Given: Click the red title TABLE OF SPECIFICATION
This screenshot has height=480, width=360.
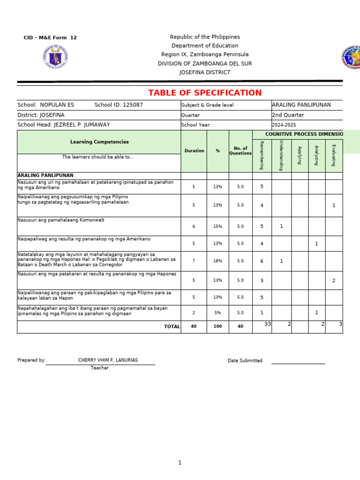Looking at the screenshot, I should [x=205, y=93].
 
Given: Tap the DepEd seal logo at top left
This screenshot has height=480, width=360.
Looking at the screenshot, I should [x=55, y=57].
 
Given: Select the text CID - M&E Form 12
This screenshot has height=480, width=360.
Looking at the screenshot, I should [x=50, y=37].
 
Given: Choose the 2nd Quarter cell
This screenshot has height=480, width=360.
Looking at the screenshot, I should [x=288, y=115].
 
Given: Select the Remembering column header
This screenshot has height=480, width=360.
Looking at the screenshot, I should [x=262, y=155].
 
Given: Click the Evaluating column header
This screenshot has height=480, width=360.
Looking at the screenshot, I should [x=334, y=155].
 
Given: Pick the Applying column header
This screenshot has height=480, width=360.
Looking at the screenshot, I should [x=300, y=155].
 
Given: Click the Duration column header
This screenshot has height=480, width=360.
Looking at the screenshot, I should [x=194, y=151].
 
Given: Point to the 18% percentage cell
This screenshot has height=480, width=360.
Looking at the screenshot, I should [x=217, y=261].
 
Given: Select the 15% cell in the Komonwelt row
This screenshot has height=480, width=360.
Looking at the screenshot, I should [x=217, y=226].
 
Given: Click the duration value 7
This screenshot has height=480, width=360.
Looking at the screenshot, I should [x=194, y=261].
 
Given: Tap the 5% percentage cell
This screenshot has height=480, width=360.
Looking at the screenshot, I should [x=217, y=313].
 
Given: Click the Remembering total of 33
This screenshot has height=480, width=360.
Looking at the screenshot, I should [x=267, y=324].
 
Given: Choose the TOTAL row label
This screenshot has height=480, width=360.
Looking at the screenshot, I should [x=172, y=327].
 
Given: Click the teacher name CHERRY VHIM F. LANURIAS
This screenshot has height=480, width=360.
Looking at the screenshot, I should [x=108, y=360].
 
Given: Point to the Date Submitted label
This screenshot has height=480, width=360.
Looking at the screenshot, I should [x=245, y=360].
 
